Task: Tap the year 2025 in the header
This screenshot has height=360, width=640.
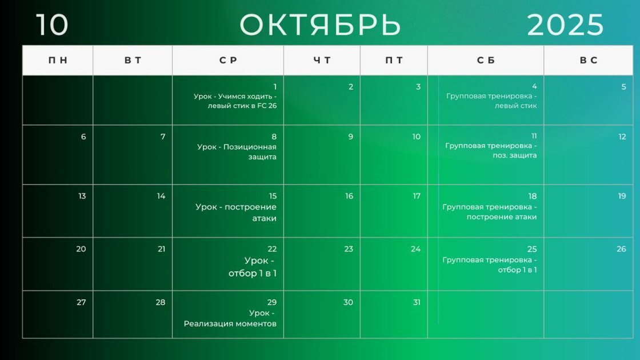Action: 565,25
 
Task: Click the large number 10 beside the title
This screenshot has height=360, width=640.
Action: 52,25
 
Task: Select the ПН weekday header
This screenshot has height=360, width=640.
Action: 58,61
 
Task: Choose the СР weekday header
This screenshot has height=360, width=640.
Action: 228,61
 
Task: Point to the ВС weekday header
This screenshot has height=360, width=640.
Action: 589,61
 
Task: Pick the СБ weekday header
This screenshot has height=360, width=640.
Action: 486,61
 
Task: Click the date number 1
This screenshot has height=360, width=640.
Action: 275,87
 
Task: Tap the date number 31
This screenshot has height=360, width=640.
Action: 417,302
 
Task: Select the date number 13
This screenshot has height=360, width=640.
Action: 82,197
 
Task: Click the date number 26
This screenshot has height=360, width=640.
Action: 621,249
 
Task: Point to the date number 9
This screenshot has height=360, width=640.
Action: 351,137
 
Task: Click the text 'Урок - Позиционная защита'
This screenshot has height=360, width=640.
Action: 237,152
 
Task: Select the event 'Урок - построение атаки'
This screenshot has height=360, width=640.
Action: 236,213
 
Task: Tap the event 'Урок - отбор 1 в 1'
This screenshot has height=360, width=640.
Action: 253,267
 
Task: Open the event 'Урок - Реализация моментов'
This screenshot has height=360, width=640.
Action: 230,318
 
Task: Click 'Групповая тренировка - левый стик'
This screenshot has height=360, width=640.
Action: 491,101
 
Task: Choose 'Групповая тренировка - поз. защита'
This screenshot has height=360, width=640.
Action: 491,151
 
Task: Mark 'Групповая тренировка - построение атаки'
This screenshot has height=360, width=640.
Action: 490,212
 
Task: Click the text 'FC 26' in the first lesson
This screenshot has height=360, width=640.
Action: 267,106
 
